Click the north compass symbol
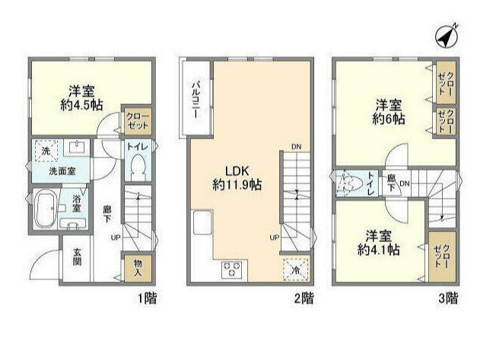tap(447, 35)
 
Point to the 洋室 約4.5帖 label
tap(77, 96)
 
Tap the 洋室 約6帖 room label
tap(388, 112)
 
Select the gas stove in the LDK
tap(231, 269)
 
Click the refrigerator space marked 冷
tap(294, 269)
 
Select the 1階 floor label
tap(149, 298)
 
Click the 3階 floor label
tap(450, 298)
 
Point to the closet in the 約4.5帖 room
tap(138, 120)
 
